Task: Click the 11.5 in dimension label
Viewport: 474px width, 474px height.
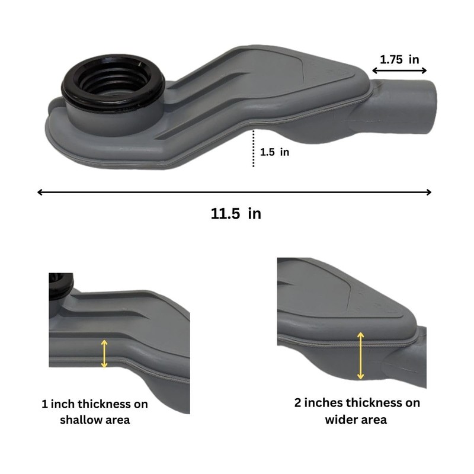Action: click(x=235, y=214)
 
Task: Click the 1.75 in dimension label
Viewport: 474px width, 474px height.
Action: click(x=399, y=59)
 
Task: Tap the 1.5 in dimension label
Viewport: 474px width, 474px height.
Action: click(x=274, y=152)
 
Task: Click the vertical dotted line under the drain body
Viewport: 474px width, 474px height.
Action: click(x=254, y=148)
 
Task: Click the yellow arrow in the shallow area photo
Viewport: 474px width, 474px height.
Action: click(x=105, y=354)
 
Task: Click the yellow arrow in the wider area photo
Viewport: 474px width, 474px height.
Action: click(x=360, y=355)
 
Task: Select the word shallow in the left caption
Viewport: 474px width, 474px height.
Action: click(x=74, y=420)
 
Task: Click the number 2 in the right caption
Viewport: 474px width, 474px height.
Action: click(x=299, y=403)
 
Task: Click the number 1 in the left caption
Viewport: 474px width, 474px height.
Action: click(x=44, y=405)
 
